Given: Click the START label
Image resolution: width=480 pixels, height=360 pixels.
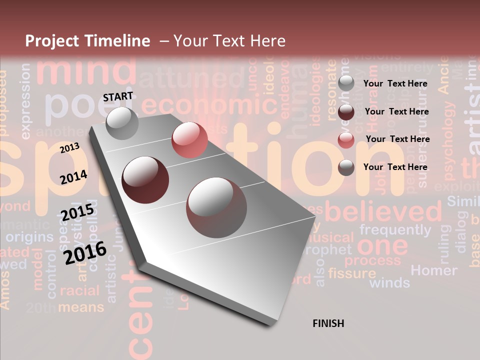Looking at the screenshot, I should pos(118,96).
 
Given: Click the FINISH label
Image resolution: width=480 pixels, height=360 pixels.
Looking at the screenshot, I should pos(328,323).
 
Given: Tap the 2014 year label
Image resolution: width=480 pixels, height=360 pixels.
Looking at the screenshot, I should pos(73,177).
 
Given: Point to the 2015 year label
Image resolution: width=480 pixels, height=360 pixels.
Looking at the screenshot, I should pos(77,212).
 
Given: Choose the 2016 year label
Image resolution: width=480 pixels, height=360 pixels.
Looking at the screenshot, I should pos(85,252).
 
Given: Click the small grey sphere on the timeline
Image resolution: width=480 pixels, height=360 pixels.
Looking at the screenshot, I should pos(122,123).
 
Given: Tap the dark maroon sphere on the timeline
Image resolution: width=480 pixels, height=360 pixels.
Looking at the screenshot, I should pos(145,180).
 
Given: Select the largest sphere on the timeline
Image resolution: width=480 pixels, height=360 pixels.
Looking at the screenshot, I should pos(216,207).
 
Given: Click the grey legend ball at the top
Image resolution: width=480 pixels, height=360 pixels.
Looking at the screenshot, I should pos(346,83).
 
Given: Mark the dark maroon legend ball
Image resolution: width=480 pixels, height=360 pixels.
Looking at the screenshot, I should pos(346,112).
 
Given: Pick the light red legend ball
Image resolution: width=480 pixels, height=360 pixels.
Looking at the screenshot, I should pos(346,139).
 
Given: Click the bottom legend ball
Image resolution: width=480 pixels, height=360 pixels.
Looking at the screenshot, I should pos(346,167).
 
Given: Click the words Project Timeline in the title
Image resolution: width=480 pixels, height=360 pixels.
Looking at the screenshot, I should pos(87,41).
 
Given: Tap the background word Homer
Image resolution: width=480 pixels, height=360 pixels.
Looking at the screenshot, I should pos(433,270).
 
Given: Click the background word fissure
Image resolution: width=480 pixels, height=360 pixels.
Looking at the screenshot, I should pos(352,273).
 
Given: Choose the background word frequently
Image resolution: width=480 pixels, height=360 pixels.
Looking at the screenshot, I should pos(395,230).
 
